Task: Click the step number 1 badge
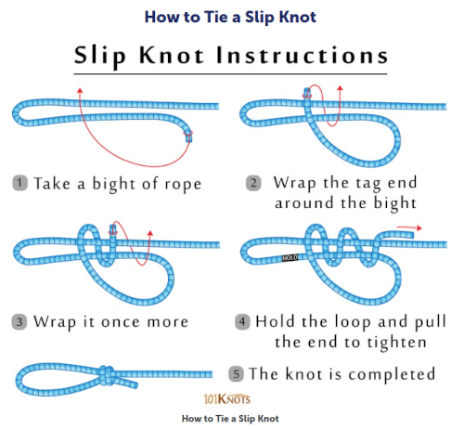click(x=19, y=183)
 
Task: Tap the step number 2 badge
click(x=253, y=183)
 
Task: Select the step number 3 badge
click(x=19, y=322)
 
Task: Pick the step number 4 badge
click(x=242, y=321)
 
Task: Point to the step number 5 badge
click(x=236, y=373)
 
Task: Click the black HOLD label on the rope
click(x=290, y=257)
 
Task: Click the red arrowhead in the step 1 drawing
click(x=80, y=91)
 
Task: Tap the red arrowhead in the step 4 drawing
click(x=419, y=228)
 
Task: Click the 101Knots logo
click(x=227, y=399)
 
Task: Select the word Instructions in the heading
click(x=302, y=55)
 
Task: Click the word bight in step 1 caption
click(x=114, y=184)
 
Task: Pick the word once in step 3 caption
click(x=120, y=322)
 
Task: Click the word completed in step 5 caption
click(x=392, y=374)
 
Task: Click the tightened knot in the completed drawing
click(x=107, y=375)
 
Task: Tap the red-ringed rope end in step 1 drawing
click(x=188, y=136)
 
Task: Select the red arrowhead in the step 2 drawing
click(x=340, y=89)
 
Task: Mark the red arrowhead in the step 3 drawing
click(x=150, y=233)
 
